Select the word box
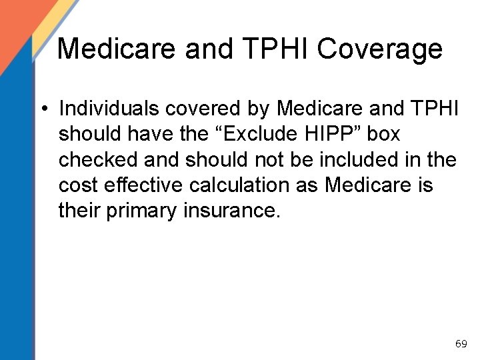tap(383, 133)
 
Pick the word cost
tap(79, 185)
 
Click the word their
tap(79, 211)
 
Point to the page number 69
tap(461, 344)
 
